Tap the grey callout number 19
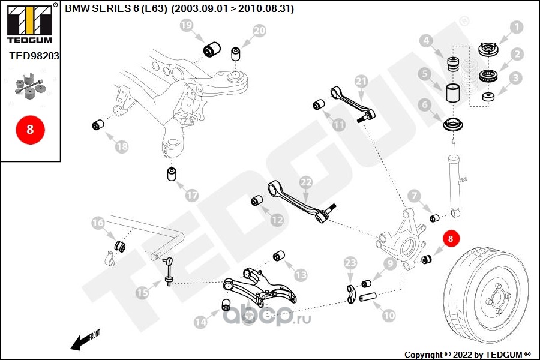187,25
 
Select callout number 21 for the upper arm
361,81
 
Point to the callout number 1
516,27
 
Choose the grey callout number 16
98,223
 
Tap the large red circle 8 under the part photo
29,129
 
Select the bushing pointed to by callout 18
98,125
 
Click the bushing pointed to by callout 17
172,174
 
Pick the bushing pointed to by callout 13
278,256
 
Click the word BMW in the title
76,9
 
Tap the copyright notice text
468,354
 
